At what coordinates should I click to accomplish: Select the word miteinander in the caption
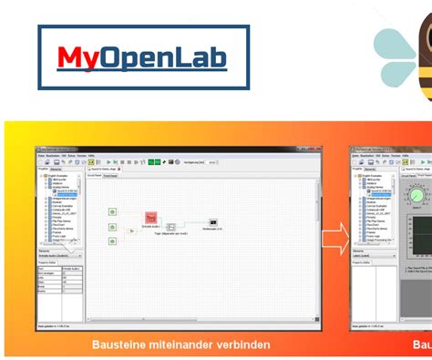point(186,345)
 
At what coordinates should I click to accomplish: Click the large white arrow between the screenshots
point(334,242)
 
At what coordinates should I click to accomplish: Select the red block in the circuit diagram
point(151,219)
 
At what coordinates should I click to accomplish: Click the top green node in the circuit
point(111,211)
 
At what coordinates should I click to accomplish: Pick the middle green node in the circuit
point(111,226)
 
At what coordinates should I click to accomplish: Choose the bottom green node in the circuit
point(111,241)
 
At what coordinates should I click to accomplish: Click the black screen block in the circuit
point(212,222)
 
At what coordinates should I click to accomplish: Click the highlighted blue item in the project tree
point(66,190)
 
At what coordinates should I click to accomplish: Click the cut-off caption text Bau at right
point(421,345)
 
